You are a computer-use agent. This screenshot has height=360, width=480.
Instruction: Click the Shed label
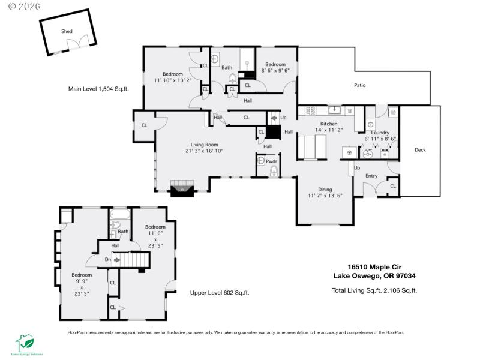pos(66,31)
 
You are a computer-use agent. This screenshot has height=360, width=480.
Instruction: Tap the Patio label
pos(359,85)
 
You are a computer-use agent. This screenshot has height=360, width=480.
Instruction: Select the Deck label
pos(420,151)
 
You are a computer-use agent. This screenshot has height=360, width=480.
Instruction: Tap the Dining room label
pos(324,188)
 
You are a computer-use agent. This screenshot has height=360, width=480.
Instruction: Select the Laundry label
pos(380,133)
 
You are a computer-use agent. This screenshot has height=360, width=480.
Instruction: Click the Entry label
pos(371,176)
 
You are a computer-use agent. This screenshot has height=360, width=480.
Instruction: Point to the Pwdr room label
pos(271,161)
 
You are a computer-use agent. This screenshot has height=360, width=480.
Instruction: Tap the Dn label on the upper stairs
pos(107,260)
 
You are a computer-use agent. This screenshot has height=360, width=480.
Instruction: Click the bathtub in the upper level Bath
pos(119,214)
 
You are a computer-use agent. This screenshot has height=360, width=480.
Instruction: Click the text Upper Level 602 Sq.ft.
pos(219,293)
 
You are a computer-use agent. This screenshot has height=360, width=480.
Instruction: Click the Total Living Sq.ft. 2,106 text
pos(374,290)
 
